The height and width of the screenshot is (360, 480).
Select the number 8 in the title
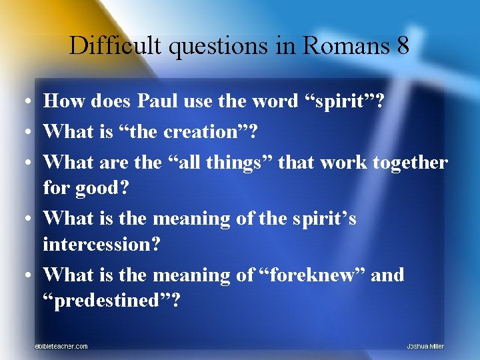coord(402,46)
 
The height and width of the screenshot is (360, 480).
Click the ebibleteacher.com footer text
coord(61,346)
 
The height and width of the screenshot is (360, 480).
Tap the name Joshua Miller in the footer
coord(425,346)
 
